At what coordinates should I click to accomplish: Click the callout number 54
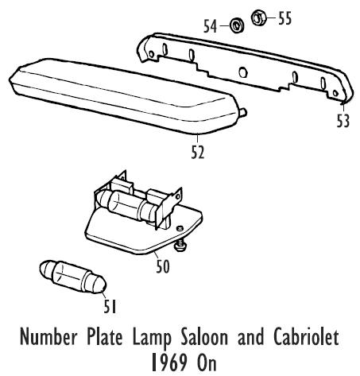point(210,26)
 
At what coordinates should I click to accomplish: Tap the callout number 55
point(285,18)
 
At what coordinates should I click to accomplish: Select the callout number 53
point(343,121)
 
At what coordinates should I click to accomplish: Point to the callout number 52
point(198,153)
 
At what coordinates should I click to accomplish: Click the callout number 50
point(163,266)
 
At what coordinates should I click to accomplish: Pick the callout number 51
point(110,307)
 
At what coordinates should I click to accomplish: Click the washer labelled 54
point(236,25)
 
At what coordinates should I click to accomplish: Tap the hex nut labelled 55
point(258,17)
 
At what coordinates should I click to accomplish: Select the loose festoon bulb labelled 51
point(73,277)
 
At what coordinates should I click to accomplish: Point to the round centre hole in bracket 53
point(243,72)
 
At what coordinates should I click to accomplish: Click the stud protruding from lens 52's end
point(243,112)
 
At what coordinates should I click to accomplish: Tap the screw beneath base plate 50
point(180,246)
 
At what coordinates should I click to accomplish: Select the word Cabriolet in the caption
point(306,337)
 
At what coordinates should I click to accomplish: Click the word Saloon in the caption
point(204,337)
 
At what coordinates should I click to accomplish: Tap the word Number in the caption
point(48,337)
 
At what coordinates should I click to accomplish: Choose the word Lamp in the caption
point(152,339)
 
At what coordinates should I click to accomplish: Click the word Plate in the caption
point(105,337)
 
